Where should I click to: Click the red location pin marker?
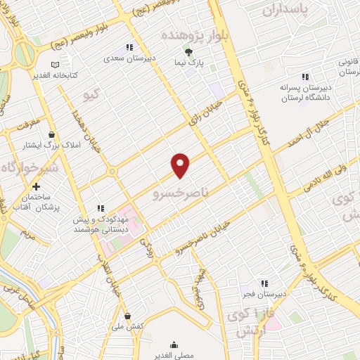click(181, 165)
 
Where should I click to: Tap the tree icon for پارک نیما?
click(188, 52)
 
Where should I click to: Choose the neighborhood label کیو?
click(92, 94)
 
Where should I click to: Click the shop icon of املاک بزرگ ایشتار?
click(51, 134)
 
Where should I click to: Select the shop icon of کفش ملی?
click(127, 316)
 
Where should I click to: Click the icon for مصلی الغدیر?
click(174, 345)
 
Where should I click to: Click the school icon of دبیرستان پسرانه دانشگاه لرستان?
click(305, 76)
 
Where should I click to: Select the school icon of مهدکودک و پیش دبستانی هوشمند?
click(101, 208)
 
